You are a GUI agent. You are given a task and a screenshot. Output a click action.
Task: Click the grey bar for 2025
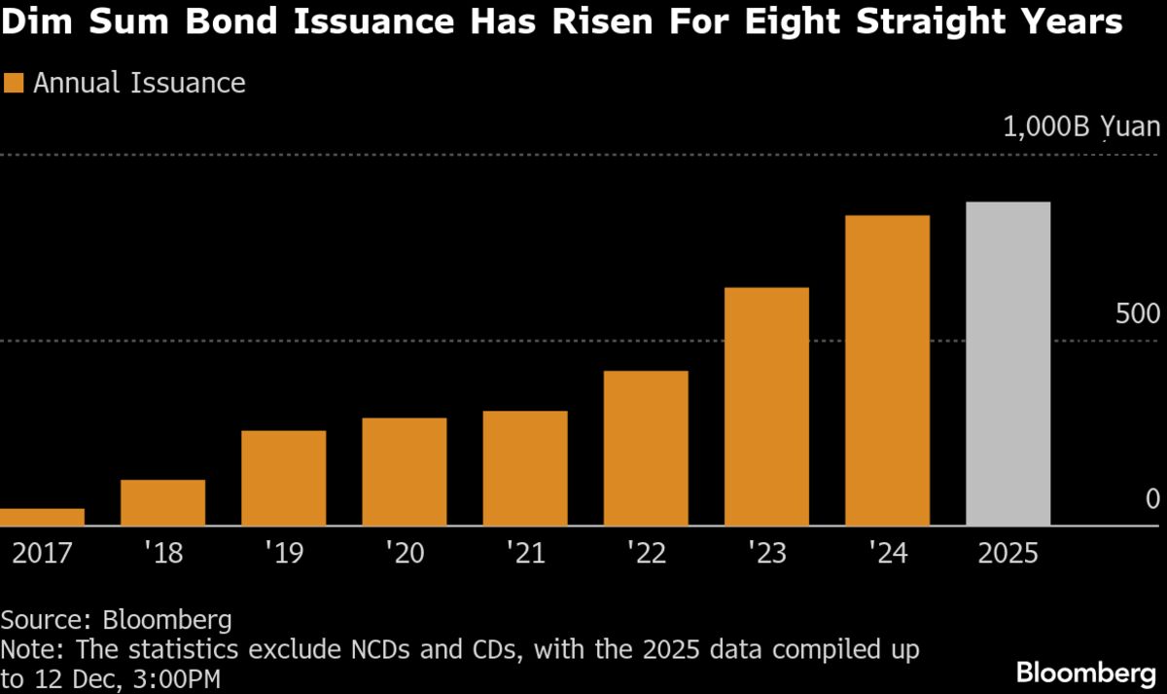pos(1008,364)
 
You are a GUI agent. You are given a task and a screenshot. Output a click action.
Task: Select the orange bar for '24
pos(887,371)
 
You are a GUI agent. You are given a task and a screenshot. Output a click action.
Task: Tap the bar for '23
pos(766,407)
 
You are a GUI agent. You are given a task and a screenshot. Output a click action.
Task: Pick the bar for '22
pos(646,449)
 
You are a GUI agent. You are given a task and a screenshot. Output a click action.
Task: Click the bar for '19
pos(283,478)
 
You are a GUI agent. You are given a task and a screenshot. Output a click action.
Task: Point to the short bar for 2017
pos(42,517)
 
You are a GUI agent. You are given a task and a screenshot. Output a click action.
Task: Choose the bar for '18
pos(162,502)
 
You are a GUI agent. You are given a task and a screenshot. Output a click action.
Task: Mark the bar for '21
pos(525,468)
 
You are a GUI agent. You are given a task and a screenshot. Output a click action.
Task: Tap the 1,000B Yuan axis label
pos(1080,128)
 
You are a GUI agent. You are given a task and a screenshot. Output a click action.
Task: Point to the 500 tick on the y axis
pos(1137,314)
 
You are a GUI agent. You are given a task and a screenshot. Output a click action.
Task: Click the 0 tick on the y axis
pos(1152,500)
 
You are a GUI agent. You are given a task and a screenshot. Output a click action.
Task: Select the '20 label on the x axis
pos(404,554)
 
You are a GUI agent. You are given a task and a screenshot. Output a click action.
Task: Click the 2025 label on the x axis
pos(1008,554)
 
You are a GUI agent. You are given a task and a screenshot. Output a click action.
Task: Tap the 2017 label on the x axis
pos(43,554)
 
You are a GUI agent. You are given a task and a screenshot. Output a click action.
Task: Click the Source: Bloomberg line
pos(116,619)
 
